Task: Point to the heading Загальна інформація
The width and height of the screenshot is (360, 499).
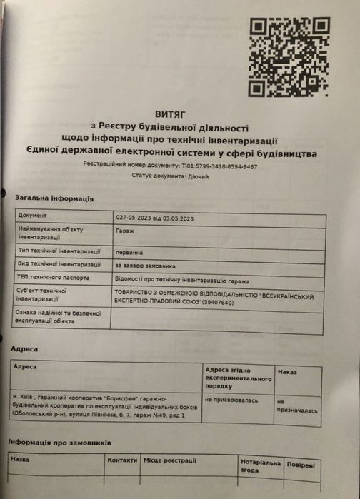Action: pyautogui.click(x=54, y=198)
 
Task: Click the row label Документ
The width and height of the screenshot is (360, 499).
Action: pyautogui.click(x=33, y=215)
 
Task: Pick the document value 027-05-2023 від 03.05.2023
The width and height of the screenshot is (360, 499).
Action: pyautogui.click(x=154, y=216)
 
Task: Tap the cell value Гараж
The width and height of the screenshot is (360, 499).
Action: pyautogui.click(x=124, y=231)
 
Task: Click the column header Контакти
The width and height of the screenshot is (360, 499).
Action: pyautogui.click(x=121, y=460)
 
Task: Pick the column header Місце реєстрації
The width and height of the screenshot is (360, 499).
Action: pyautogui.click(x=169, y=461)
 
